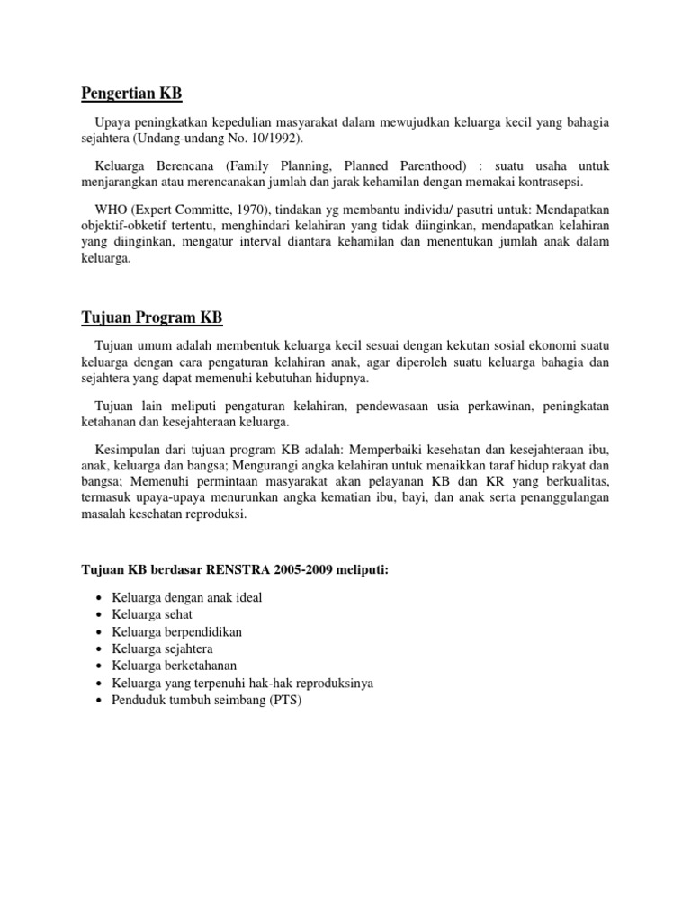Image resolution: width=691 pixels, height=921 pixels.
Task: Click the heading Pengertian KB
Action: click(x=131, y=93)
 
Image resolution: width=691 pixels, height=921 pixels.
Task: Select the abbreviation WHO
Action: click(x=111, y=210)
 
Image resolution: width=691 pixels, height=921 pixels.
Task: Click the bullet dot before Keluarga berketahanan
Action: click(x=98, y=666)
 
